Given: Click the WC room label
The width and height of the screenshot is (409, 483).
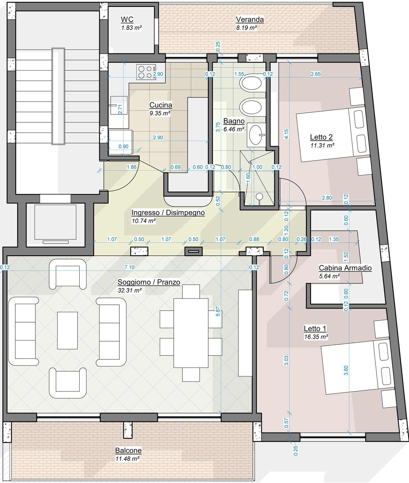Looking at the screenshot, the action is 127,19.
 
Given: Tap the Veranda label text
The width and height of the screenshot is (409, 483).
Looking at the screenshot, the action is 250,19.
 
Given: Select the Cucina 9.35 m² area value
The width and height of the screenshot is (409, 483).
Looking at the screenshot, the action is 160,113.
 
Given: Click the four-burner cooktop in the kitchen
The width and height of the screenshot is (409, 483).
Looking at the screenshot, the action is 146,72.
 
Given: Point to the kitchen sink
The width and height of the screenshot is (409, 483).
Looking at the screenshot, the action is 119,105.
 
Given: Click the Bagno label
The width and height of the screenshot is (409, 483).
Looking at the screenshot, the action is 234,121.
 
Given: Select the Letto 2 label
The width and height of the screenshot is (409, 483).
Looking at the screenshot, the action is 321,137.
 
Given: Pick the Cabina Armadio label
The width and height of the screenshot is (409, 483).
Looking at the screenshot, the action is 345,268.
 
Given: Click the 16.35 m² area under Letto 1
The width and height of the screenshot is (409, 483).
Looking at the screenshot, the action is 316,337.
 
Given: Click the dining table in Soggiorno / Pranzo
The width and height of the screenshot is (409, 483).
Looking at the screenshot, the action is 191,333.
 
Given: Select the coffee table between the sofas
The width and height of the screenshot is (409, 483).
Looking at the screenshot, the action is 67,331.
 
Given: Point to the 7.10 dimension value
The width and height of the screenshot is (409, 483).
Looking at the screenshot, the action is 130,267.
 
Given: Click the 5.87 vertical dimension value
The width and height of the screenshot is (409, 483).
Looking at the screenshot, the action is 218,312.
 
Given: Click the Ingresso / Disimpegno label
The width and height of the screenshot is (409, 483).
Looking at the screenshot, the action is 168,212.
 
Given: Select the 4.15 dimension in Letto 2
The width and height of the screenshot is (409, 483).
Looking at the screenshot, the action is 286,134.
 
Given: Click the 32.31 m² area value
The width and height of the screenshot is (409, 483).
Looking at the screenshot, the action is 130,291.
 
